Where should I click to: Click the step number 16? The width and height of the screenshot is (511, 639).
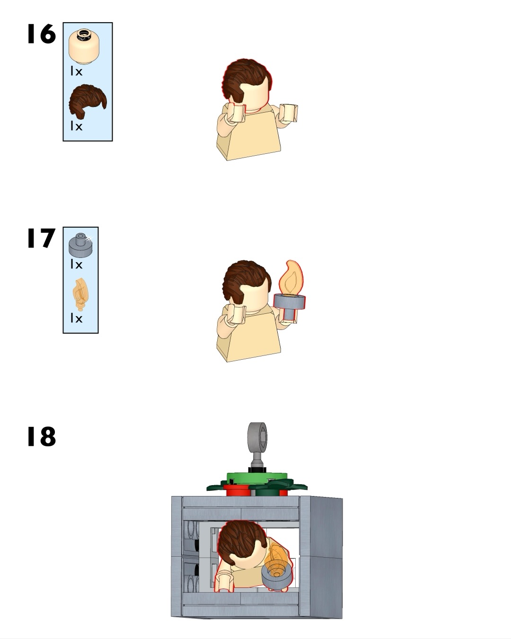(x=41, y=34)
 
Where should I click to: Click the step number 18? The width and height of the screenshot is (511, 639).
(x=41, y=436)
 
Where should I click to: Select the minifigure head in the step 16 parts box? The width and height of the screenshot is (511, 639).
(x=84, y=46)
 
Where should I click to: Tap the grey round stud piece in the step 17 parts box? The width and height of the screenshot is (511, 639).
(x=80, y=244)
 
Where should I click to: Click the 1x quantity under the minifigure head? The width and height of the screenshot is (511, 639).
(x=76, y=71)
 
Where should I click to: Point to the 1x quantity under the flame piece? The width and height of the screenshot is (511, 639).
(x=76, y=318)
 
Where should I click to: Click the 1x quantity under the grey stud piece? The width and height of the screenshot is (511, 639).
(x=76, y=264)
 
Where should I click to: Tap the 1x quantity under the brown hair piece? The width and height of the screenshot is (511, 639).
(x=76, y=126)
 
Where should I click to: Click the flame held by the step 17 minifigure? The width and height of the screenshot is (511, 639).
(x=292, y=277)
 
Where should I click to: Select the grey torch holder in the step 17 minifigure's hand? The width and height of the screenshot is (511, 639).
(x=290, y=306)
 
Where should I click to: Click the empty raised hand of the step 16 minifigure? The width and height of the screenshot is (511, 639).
(x=289, y=113)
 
